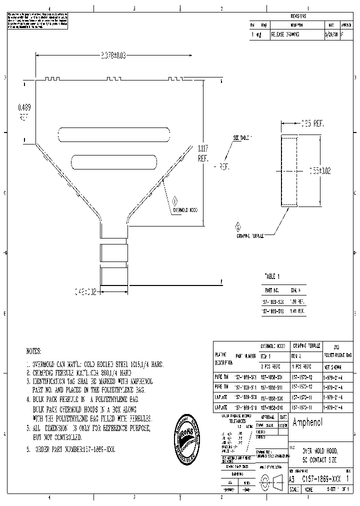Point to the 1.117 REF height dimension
click(x=203, y=153)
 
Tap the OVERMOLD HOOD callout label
click(x=185, y=210)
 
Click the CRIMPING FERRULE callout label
click(x=250, y=235)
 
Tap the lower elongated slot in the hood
click(x=114, y=161)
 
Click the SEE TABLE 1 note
click(x=243, y=137)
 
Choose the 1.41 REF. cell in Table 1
click(x=297, y=310)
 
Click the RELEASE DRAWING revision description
click(x=285, y=35)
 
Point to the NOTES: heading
click(x=33, y=351)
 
